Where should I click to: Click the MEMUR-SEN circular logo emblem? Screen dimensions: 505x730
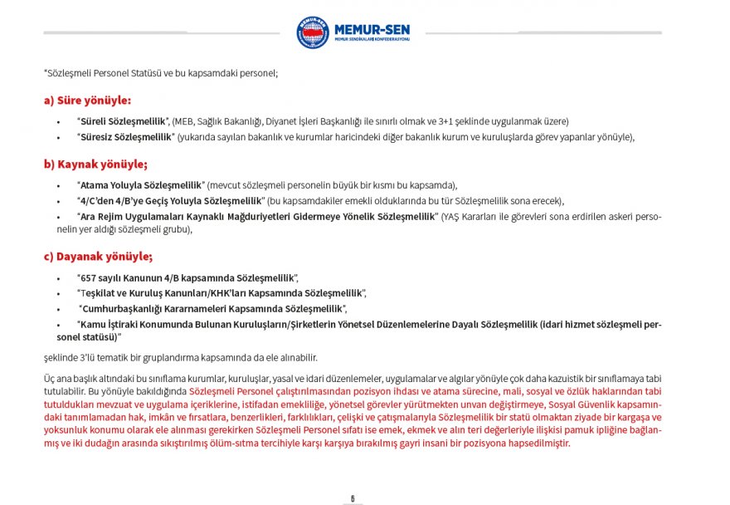click(313, 32)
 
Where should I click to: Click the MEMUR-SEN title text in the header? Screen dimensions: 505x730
click(371, 28)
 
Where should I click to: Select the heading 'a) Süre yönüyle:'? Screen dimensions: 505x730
click(87, 101)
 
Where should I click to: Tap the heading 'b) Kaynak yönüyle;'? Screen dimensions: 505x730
click(95, 164)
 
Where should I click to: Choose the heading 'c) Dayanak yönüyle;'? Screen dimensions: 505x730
click(98, 256)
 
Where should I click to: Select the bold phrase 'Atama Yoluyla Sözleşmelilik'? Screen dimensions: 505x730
click(140, 184)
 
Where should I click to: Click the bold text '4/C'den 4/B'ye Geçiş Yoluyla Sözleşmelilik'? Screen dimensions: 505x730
click(170, 201)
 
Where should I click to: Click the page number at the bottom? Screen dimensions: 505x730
click(353, 498)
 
